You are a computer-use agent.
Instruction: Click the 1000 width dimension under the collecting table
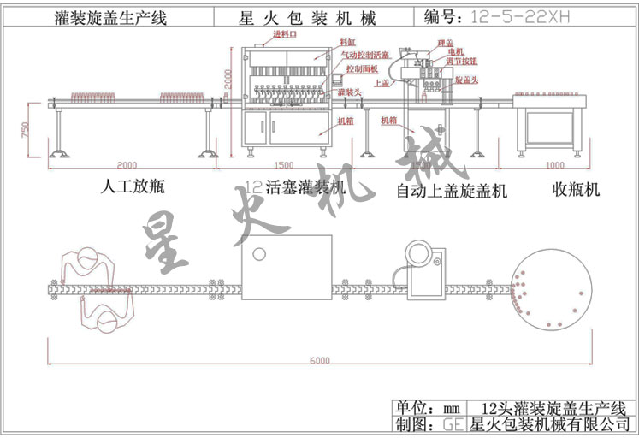coord(554,164)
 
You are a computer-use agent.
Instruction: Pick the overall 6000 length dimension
coord(318,361)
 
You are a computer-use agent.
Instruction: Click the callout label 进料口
coord(283,34)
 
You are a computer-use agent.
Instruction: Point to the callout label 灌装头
coord(347,91)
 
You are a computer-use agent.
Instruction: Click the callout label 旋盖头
coord(467,79)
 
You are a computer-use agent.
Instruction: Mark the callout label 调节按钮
coord(463,62)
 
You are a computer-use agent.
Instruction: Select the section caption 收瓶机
coord(575,189)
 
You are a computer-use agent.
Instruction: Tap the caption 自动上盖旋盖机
coord(452,191)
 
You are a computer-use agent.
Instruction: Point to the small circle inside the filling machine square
coord(258,254)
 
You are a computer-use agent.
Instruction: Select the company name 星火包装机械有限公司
coord(550,424)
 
